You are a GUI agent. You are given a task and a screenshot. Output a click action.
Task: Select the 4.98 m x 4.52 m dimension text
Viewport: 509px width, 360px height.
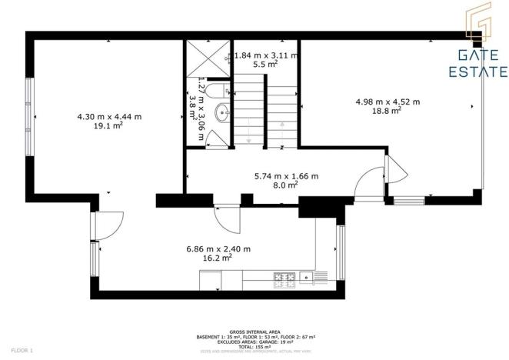pyautogui.click(x=388, y=102)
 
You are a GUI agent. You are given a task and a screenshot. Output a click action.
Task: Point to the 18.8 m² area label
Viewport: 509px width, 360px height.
pyautogui.click(x=388, y=111)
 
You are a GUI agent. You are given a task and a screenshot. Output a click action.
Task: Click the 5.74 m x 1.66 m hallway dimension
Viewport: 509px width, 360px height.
pyautogui.click(x=286, y=175)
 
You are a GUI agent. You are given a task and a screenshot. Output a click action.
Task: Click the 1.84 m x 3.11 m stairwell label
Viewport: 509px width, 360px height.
pyautogui.click(x=266, y=55)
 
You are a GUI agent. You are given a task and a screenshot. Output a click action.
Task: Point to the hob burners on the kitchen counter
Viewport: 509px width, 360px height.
pyautogui.click(x=280, y=275)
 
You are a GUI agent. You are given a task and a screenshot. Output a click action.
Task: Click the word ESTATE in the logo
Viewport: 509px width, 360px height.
pyautogui.click(x=477, y=73)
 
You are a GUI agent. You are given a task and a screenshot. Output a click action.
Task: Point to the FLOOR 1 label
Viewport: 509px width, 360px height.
pyautogui.click(x=22, y=350)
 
